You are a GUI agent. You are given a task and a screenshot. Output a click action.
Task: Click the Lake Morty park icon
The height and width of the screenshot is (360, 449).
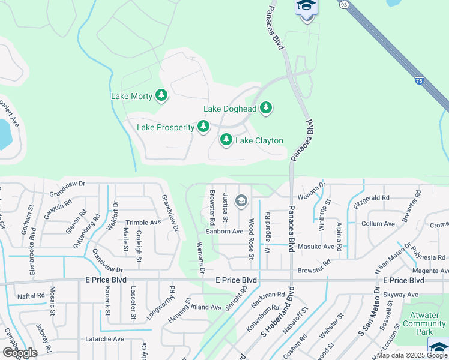click(161, 95)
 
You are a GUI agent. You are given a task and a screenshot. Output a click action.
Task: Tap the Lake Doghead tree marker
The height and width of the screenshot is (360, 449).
click(266, 109)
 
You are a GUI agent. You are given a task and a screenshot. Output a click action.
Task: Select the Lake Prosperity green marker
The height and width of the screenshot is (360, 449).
click(204, 127)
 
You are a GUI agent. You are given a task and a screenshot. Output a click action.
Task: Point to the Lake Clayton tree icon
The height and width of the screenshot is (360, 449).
click(226, 140)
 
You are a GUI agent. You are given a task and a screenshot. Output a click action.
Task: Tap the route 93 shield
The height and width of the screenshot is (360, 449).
click(343, 4)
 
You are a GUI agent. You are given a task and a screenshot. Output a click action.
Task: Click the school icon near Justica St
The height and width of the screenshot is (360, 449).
click(242, 201)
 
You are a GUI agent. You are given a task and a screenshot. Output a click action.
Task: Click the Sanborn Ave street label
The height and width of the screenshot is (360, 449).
click(224, 231)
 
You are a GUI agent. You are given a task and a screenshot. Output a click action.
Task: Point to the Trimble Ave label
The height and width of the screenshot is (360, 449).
click(143, 222)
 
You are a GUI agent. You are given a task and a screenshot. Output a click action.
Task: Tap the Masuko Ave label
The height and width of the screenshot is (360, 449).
click(316, 247)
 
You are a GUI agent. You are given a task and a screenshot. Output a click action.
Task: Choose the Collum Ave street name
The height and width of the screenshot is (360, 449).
click(378, 223)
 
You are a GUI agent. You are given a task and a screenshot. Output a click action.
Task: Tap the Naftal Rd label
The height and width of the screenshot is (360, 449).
click(31, 296)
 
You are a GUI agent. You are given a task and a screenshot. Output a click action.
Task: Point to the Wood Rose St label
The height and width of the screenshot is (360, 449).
click(251, 239)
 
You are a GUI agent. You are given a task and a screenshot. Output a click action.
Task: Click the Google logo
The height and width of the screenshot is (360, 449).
click(20, 353)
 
